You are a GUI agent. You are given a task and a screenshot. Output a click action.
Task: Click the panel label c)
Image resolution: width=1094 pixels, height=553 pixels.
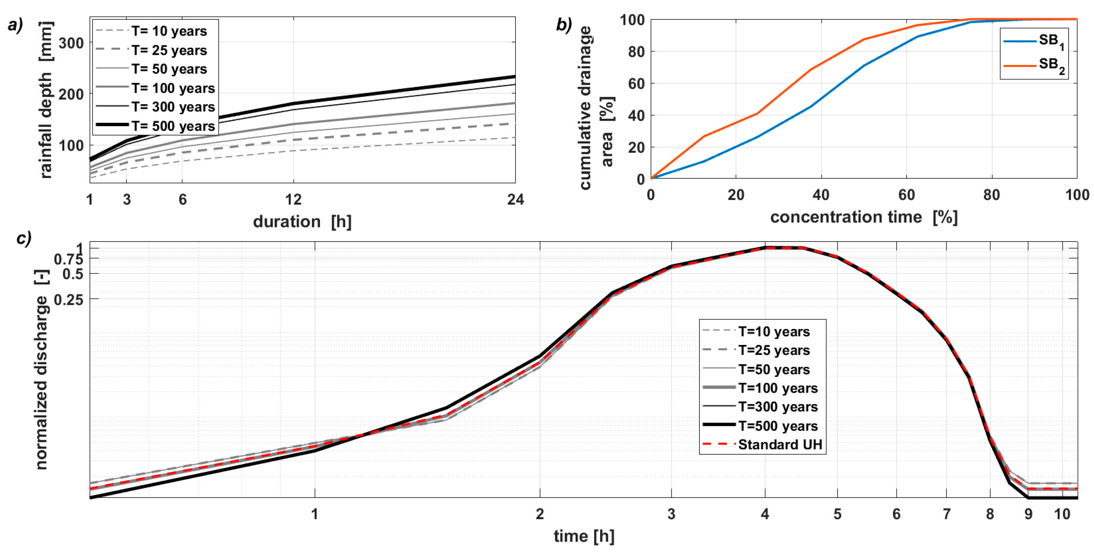click(24, 239)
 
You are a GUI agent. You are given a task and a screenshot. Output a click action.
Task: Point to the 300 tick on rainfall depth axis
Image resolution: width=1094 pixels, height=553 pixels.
click(71, 43)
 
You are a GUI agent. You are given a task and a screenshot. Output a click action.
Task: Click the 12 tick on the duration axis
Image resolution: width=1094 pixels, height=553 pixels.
click(293, 199)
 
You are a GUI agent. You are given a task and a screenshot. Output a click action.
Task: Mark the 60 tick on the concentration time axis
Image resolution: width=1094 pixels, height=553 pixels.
click(906, 195)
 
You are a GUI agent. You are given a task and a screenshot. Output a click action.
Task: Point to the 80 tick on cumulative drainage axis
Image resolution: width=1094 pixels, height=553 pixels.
click(636, 51)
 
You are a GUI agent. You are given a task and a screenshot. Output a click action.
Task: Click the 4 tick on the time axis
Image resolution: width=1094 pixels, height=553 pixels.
click(765, 514)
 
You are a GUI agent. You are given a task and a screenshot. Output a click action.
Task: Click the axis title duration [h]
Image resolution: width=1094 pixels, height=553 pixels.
click(302, 221)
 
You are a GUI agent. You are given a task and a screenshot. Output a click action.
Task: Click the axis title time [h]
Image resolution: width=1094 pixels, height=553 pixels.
click(584, 536)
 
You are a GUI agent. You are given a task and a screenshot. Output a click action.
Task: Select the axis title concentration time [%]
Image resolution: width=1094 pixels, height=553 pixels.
click(864, 217)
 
